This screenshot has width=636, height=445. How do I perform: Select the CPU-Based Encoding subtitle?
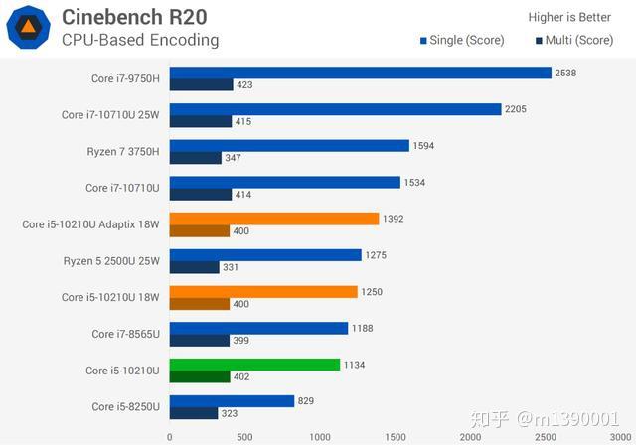pyautogui.click(x=140, y=40)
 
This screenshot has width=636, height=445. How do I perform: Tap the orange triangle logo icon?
pyautogui.click(x=29, y=28)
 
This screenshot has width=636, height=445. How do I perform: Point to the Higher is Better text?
pyautogui.click(x=569, y=16)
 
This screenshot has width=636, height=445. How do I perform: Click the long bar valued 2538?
pyautogui.click(x=360, y=73)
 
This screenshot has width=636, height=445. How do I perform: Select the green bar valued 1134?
pyautogui.click(x=254, y=365)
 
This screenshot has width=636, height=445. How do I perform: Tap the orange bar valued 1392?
pyautogui.click(x=274, y=219)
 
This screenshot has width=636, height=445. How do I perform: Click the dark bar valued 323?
pyautogui.click(x=194, y=413)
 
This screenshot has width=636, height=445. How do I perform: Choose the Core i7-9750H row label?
pyautogui.click(x=124, y=78)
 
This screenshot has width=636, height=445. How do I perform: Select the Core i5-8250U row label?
pyautogui.click(x=126, y=407)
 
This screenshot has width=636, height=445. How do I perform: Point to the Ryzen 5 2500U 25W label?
pyautogui.click(x=111, y=261)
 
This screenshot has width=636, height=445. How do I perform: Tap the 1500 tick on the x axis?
pyautogui.click(x=395, y=436)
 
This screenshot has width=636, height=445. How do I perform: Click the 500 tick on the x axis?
pyautogui.click(x=244, y=436)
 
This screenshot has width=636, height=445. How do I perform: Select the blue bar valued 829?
pyautogui.click(x=232, y=401)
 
